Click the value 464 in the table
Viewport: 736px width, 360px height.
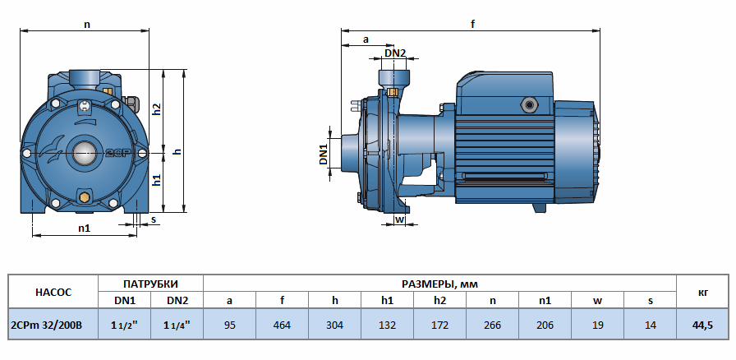282,325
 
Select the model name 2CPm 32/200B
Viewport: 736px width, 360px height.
48,325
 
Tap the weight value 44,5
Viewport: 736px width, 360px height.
703,325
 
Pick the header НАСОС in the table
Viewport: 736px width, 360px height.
53,291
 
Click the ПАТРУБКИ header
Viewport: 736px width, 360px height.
150,283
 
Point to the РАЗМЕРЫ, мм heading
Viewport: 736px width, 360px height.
439,283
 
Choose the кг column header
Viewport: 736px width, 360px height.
703,291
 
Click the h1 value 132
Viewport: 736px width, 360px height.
387,325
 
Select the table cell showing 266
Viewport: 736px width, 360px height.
492,325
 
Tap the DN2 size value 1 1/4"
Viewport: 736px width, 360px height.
177,325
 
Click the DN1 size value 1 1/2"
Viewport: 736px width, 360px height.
125,325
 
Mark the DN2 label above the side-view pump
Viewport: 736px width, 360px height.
395,53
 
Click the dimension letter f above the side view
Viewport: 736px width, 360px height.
472,24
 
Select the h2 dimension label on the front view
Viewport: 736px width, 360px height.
158,108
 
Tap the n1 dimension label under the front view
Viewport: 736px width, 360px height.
84,228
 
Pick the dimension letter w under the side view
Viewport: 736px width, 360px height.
399,219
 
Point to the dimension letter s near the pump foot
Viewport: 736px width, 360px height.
154,219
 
